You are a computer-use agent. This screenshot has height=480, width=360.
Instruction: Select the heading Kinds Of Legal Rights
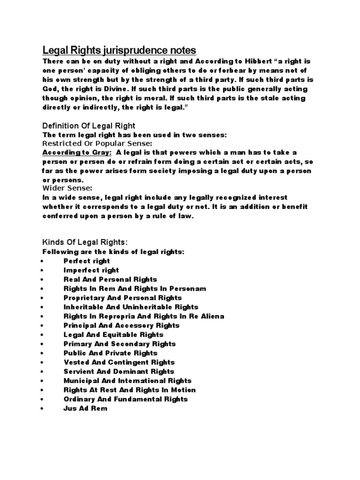click(85, 242)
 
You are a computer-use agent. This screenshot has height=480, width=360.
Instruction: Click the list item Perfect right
click(87, 261)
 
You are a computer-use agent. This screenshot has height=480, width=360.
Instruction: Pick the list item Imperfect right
click(91, 270)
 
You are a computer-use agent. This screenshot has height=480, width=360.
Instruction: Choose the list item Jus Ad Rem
click(85, 408)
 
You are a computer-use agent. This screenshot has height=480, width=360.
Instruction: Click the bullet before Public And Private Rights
click(42, 353)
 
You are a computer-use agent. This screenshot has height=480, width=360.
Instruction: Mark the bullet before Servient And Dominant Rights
click(42, 372)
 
